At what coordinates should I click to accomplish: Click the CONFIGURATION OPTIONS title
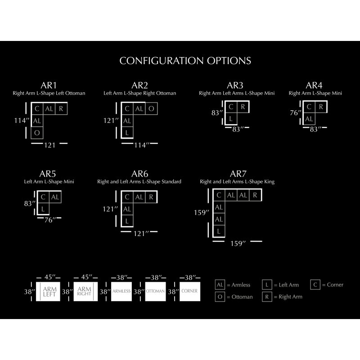(185, 61)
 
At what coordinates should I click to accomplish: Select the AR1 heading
(49, 85)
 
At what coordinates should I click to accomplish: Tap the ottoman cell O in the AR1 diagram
(37, 133)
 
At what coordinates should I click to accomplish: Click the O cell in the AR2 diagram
(151, 108)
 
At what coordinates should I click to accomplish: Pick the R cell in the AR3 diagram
(243, 107)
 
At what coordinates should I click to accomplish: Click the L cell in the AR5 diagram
(43, 209)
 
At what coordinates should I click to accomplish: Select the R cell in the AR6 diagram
(151, 197)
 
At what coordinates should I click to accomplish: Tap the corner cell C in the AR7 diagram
(219, 195)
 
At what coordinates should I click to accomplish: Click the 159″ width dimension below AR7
(238, 243)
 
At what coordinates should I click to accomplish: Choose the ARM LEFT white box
(48, 291)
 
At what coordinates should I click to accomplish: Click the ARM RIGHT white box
(85, 291)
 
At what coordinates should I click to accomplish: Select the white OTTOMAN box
(155, 291)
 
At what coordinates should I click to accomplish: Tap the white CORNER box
(189, 291)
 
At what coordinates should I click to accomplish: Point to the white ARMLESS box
(121, 291)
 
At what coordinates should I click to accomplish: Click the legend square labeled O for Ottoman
(220, 297)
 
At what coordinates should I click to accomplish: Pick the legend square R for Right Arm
(267, 297)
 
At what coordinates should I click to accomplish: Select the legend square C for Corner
(315, 285)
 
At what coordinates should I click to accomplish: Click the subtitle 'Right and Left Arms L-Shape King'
(237, 182)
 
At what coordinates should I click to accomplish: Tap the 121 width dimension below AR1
(49, 145)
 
